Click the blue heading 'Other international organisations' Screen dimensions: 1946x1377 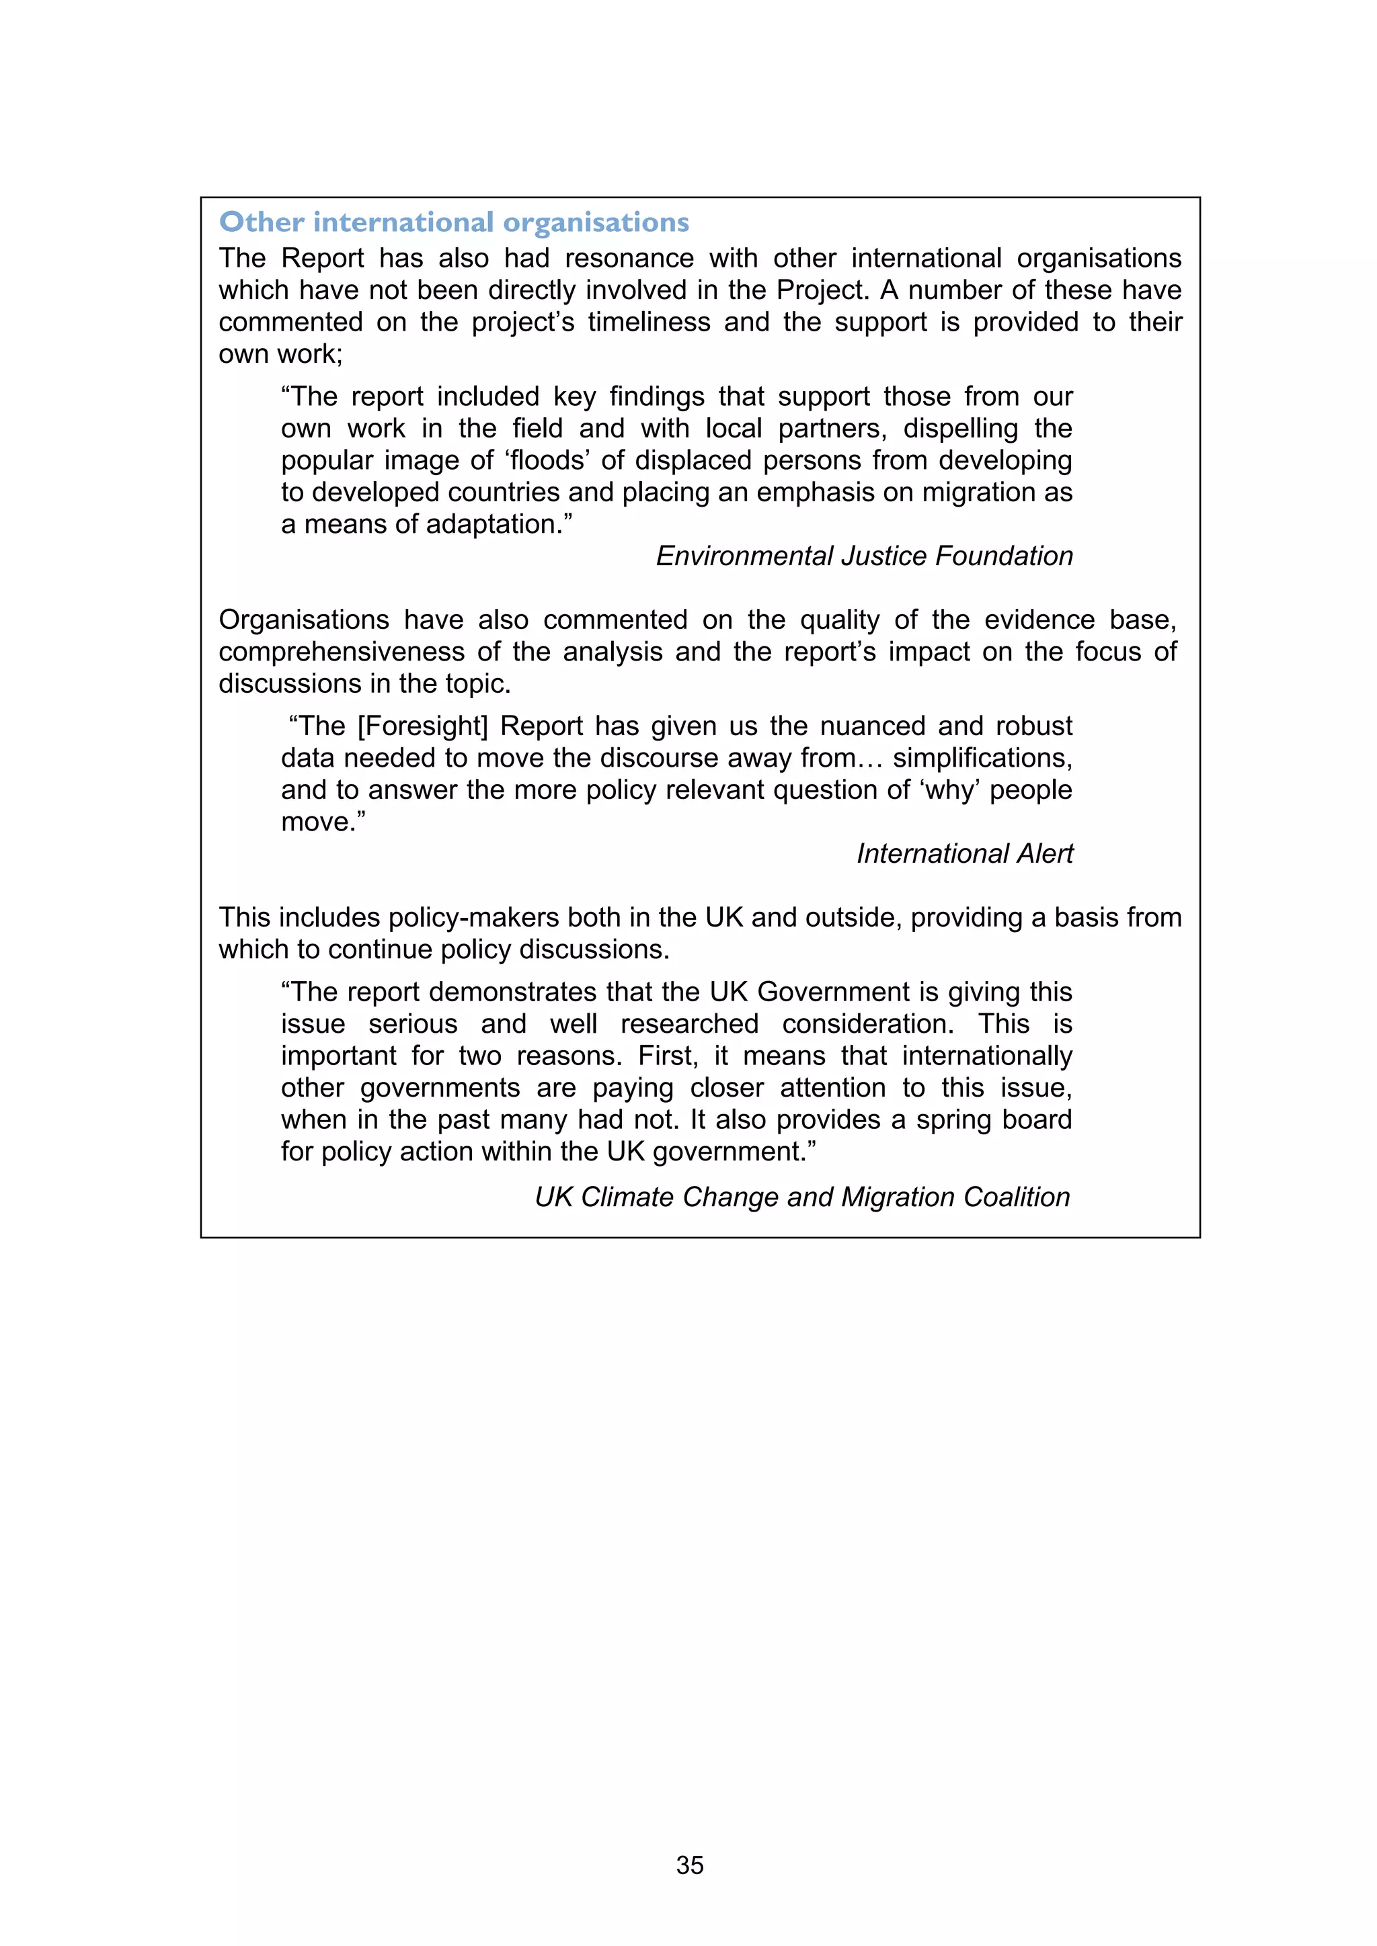454,222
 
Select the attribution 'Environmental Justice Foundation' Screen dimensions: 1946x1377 864,556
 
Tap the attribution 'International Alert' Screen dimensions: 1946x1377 964,853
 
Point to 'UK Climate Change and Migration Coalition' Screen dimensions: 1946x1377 802,1197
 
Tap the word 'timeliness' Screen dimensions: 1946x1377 649,322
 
